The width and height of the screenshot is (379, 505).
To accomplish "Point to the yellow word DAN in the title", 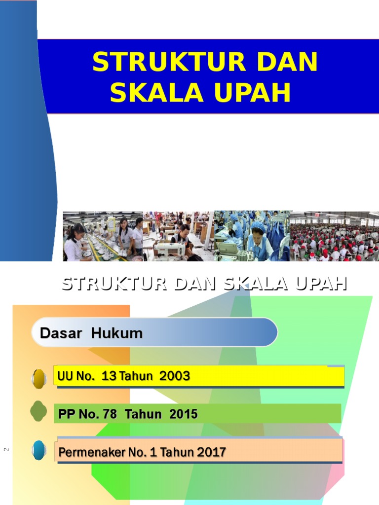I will pos(285,63).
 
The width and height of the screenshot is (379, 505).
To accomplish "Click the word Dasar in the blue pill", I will pos(63,333).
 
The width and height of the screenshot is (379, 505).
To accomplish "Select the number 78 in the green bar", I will pos(110,414).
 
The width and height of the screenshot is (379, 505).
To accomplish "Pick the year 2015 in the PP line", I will pos(183,414).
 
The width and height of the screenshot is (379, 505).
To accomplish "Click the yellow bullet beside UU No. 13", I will pos(39,378).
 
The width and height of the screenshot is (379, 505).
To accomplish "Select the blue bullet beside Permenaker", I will pos(39,450).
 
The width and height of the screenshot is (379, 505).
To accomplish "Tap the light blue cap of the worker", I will pos(258,226).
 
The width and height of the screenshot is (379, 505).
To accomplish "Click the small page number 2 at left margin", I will pos(7,449).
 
